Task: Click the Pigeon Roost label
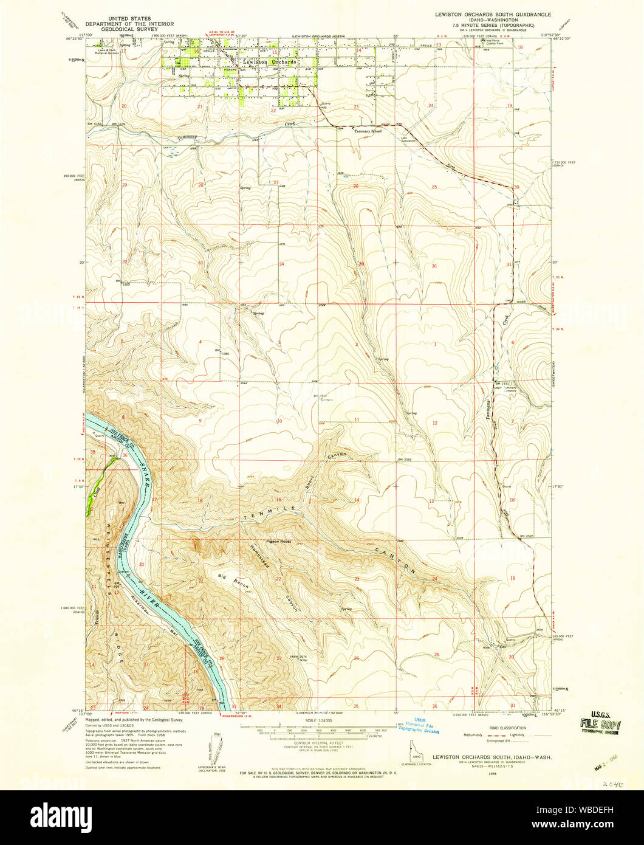click(278, 541)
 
